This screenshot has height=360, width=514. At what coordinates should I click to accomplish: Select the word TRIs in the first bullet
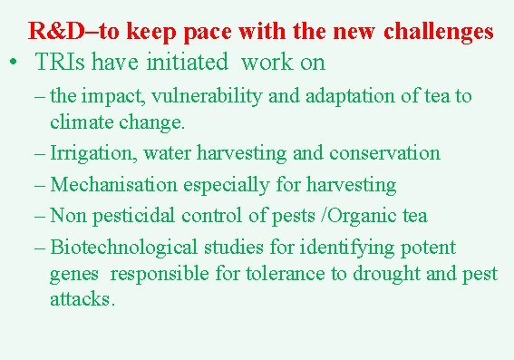coord(61,63)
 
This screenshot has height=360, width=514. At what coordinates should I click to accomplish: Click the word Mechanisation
coord(114,184)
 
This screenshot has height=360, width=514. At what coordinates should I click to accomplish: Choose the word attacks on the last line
coord(82,299)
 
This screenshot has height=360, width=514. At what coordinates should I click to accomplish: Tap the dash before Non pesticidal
coord(41,215)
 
